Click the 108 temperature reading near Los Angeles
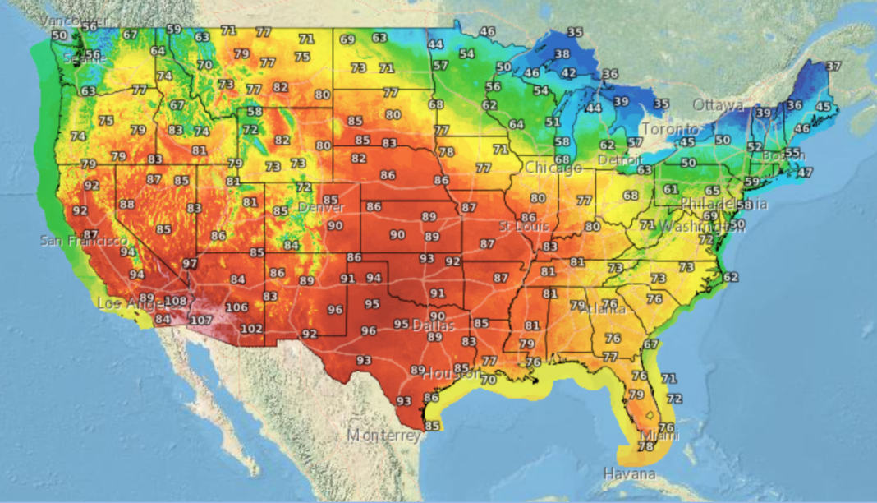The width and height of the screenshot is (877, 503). click(176, 302)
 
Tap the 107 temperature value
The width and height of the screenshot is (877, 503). click(201, 320)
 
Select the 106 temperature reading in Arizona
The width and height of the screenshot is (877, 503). click(236, 307)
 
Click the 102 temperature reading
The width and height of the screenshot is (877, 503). click(252, 329)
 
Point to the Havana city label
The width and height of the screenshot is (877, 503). click(630, 474)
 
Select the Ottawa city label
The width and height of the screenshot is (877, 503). click(718, 105)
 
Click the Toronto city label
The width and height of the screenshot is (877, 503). click(669, 130)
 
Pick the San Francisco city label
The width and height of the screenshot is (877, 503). click(84, 241)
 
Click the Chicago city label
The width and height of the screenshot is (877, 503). click(553, 168)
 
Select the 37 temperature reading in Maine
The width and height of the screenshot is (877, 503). click(833, 66)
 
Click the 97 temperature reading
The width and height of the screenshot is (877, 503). click(191, 264)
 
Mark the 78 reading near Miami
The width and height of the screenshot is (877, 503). click(645, 446)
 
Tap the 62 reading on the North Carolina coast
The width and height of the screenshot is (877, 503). click(731, 277)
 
